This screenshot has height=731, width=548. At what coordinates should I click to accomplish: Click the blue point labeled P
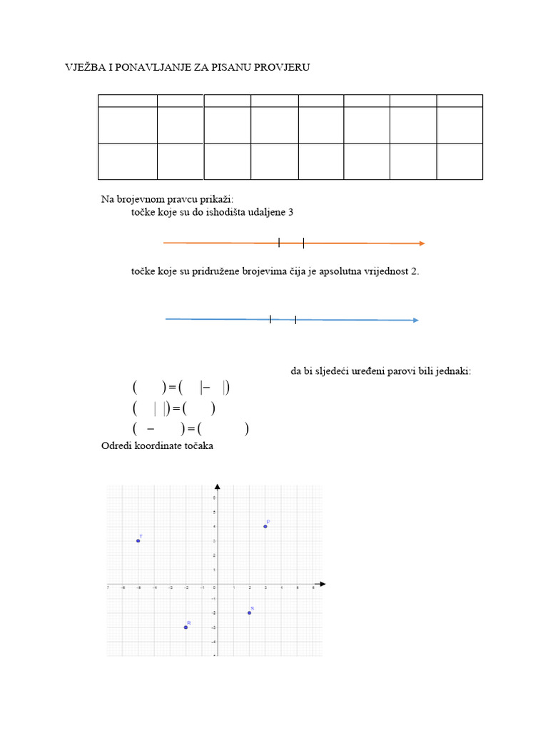tap(265, 526)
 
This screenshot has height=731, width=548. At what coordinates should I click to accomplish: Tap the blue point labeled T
tap(138, 540)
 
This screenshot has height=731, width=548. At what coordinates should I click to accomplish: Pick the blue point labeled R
tap(186, 627)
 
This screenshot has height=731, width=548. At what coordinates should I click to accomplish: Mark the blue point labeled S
tap(249, 612)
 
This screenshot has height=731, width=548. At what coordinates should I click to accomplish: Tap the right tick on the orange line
tap(303, 243)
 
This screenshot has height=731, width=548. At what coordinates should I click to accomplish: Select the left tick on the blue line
tap(270, 319)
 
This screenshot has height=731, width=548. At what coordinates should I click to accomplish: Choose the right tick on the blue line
tap(295, 319)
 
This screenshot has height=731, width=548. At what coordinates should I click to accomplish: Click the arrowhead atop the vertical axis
tap(217, 487)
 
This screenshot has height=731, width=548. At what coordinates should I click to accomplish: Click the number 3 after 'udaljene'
tap(290, 213)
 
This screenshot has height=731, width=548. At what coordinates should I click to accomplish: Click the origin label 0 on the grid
tap(213, 589)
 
